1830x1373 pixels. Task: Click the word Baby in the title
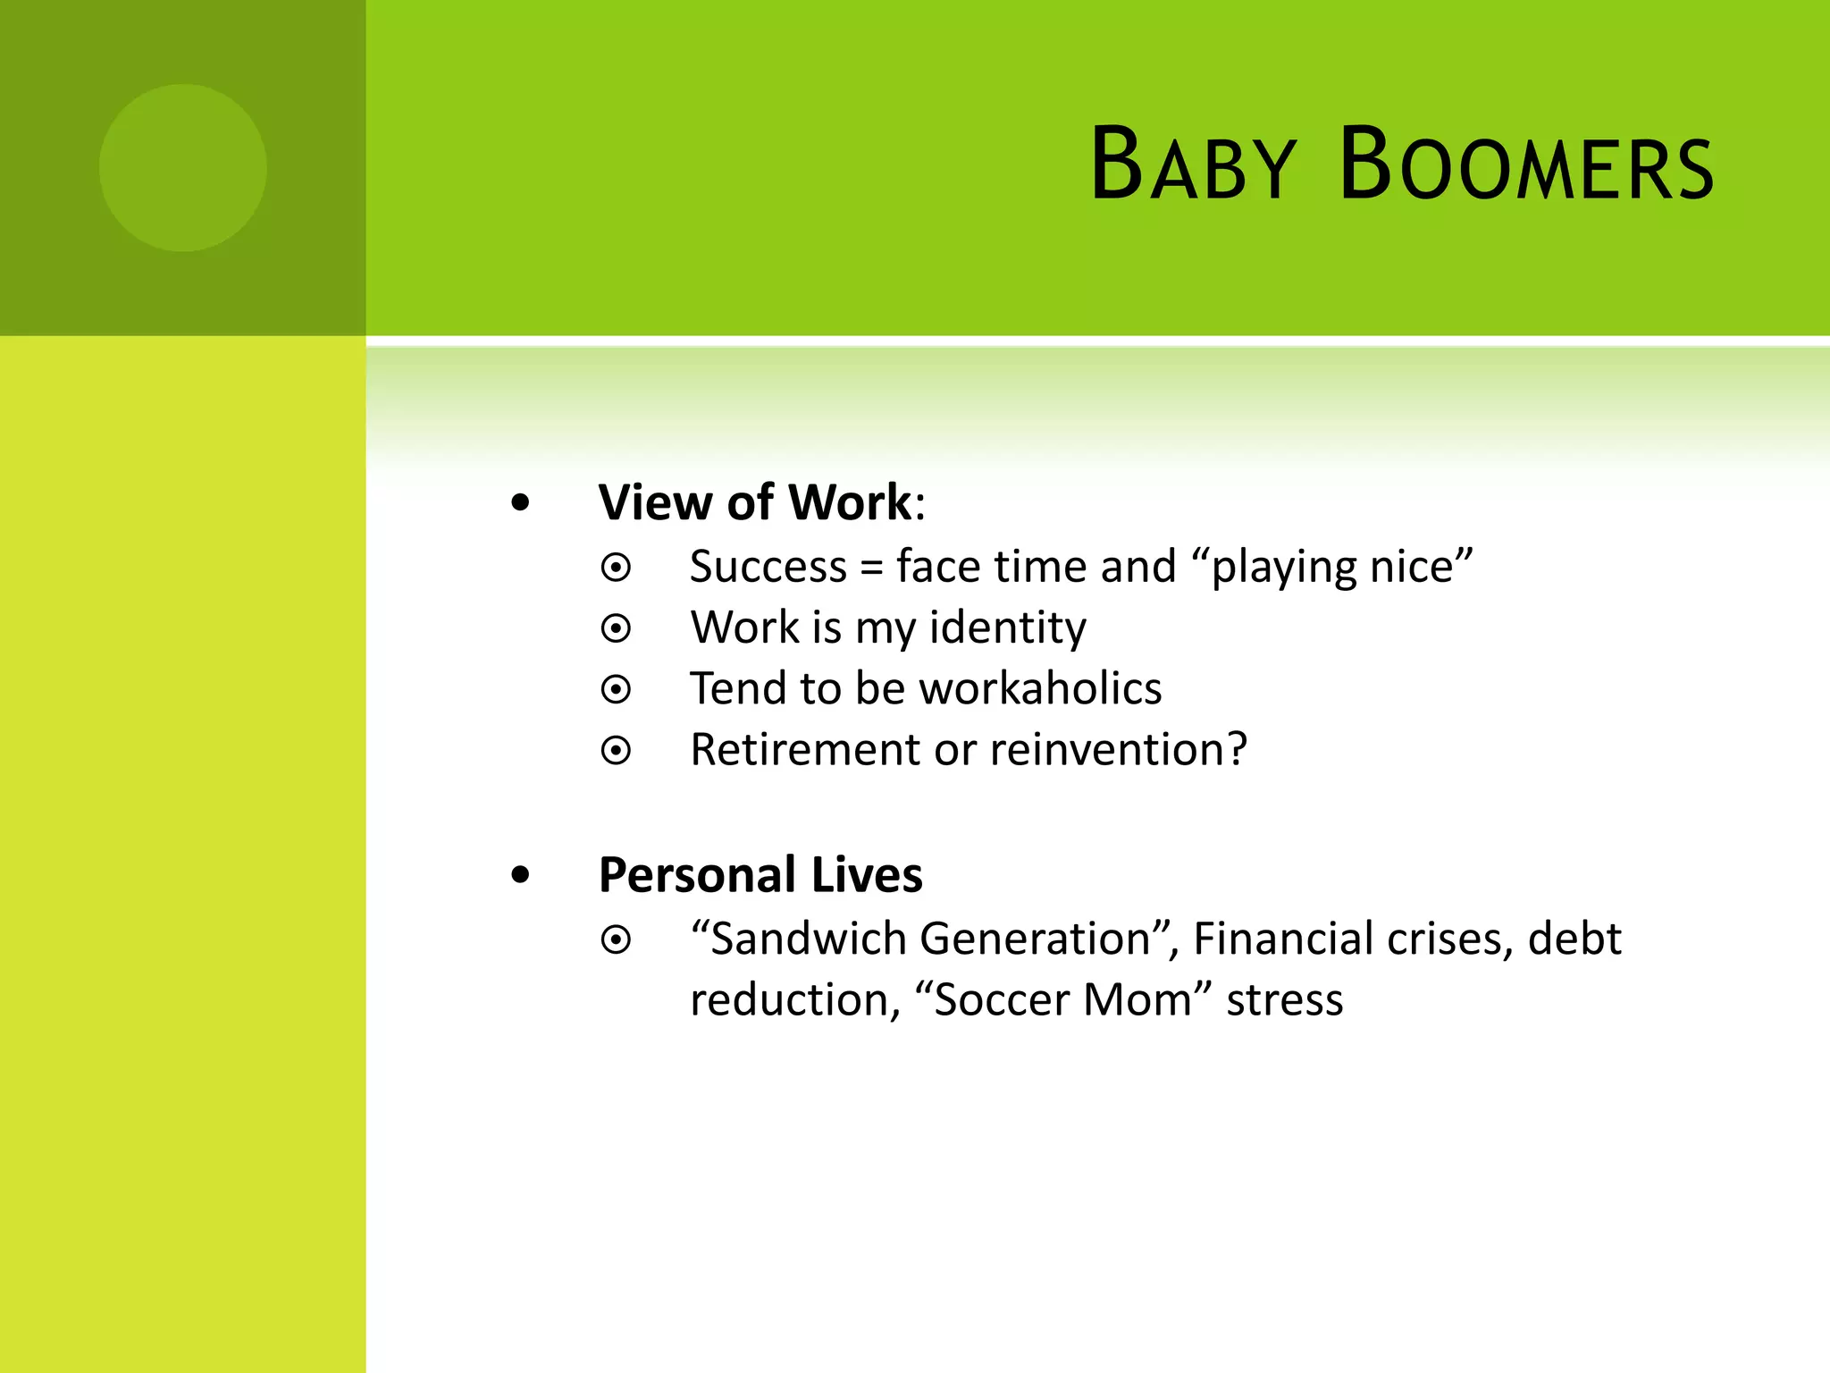1193,165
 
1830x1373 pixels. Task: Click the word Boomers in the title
1526,165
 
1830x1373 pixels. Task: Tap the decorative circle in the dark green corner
183,168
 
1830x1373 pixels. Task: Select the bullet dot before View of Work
520,503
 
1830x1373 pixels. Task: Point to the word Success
768,567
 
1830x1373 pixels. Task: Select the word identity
1008,628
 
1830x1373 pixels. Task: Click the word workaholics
1040,688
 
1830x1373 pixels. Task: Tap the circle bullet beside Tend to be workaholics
616,689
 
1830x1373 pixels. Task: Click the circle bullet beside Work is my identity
616,628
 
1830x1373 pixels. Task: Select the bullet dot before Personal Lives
520,876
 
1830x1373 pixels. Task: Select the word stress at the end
1284,999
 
